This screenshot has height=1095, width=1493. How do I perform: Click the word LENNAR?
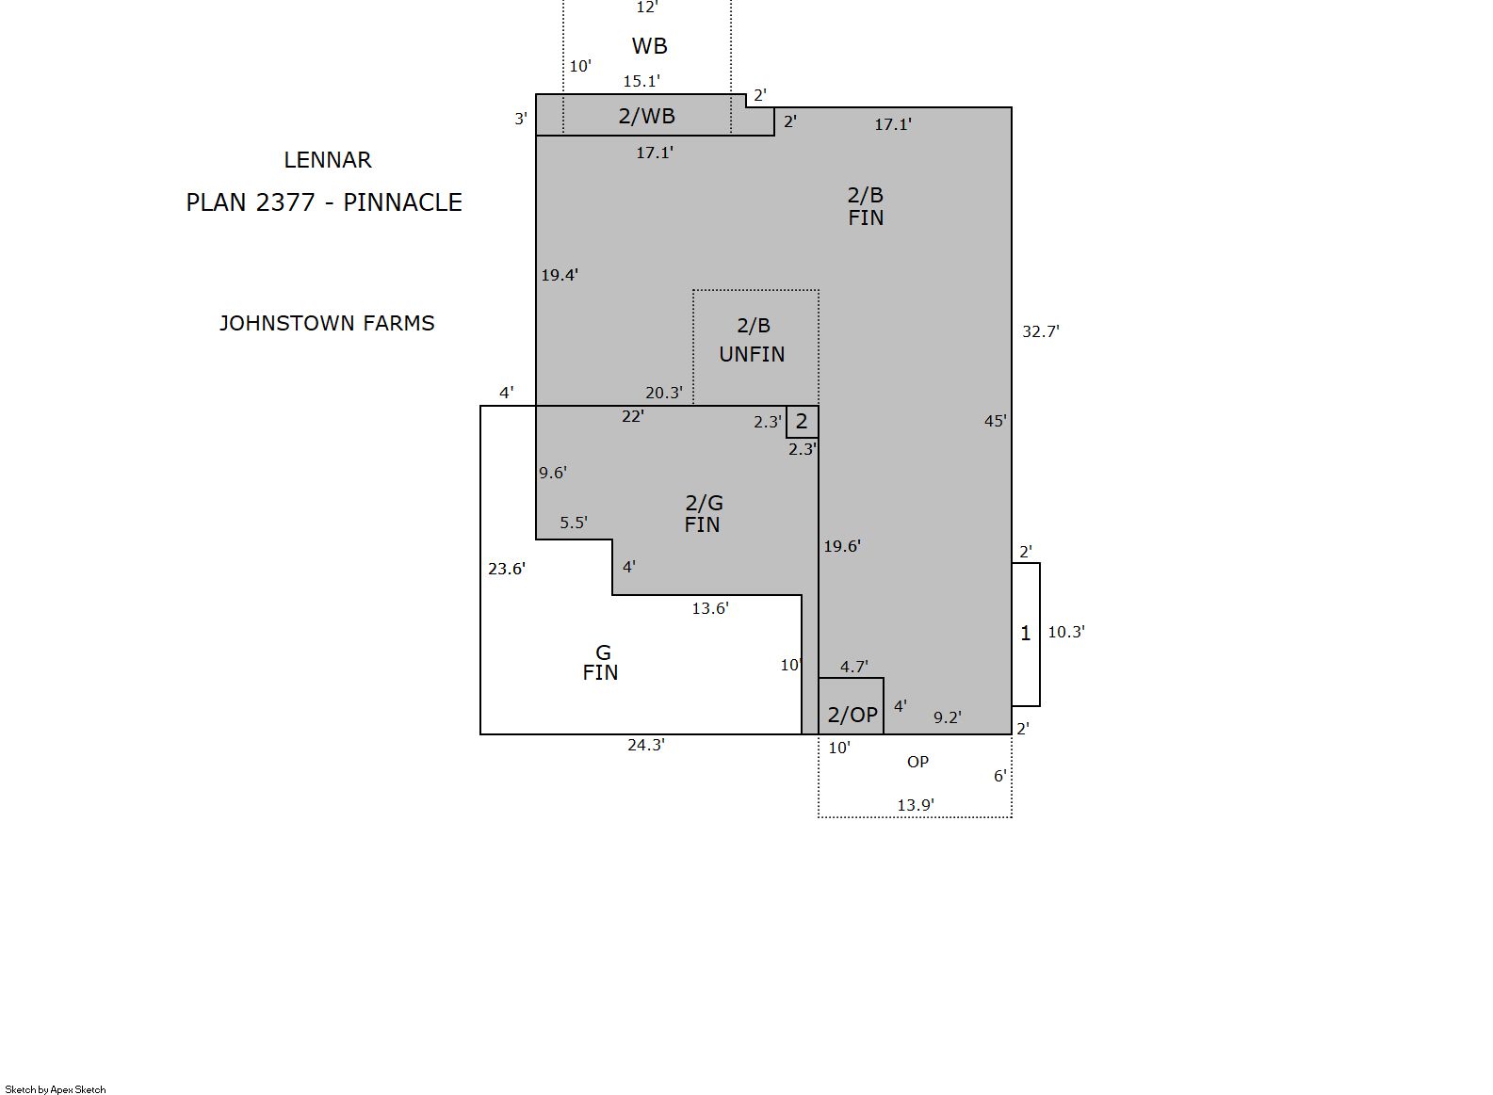pos(327,160)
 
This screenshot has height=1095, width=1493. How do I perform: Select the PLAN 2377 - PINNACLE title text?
pos(324,202)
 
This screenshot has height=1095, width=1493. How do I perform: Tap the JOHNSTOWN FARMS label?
pos(327,323)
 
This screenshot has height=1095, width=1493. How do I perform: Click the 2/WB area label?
pos(646,116)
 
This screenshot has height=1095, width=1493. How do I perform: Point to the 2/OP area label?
pos(852,715)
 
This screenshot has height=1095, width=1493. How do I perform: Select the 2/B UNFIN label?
pos(753,340)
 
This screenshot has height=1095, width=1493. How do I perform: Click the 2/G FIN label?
pos(704,513)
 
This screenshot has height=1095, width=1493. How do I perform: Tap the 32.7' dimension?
pos(1041,331)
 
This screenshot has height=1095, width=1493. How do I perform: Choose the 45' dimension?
pos(995,421)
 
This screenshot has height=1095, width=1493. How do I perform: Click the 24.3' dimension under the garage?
pos(646,745)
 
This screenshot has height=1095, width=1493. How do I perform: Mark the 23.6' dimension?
pos(507,568)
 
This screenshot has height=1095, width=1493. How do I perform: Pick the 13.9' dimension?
pos(916,805)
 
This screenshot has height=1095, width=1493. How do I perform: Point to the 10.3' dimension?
pos(1066,632)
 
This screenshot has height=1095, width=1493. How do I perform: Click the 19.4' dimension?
pos(560,275)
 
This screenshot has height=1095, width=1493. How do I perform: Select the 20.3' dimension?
pos(664,393)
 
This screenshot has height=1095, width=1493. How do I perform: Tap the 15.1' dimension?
pos(641,81)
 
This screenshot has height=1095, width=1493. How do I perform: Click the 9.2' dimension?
pos(947,717)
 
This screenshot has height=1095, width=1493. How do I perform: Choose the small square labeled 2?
pos(803,422)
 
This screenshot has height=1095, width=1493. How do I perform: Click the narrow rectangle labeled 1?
pos(1026,634)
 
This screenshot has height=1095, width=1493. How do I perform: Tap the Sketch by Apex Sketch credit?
pos(56,1089)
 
